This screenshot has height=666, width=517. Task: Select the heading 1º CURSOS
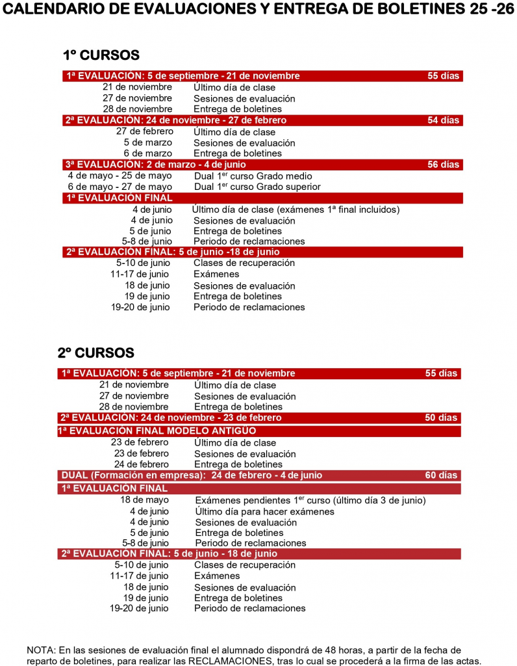(x=101, y=55)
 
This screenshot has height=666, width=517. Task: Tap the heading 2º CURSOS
(x=95, y=353)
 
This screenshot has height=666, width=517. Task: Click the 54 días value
(x=443, y=120)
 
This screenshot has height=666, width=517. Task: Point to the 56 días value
(x=443, y=165)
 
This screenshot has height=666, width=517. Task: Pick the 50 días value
(x=441, y=418)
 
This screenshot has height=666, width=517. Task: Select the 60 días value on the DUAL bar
(x=441, y=475)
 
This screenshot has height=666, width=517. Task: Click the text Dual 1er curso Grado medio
(x=253, y=176)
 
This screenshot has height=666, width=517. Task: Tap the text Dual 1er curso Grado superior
(x=257, y=187)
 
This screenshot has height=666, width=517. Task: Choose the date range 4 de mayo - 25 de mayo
(x=120, y=176)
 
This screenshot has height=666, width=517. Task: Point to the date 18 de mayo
(x=144, y=500)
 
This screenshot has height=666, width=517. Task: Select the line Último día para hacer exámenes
(x=264, y=511)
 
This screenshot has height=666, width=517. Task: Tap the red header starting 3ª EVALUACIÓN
(x=156, y=165)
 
